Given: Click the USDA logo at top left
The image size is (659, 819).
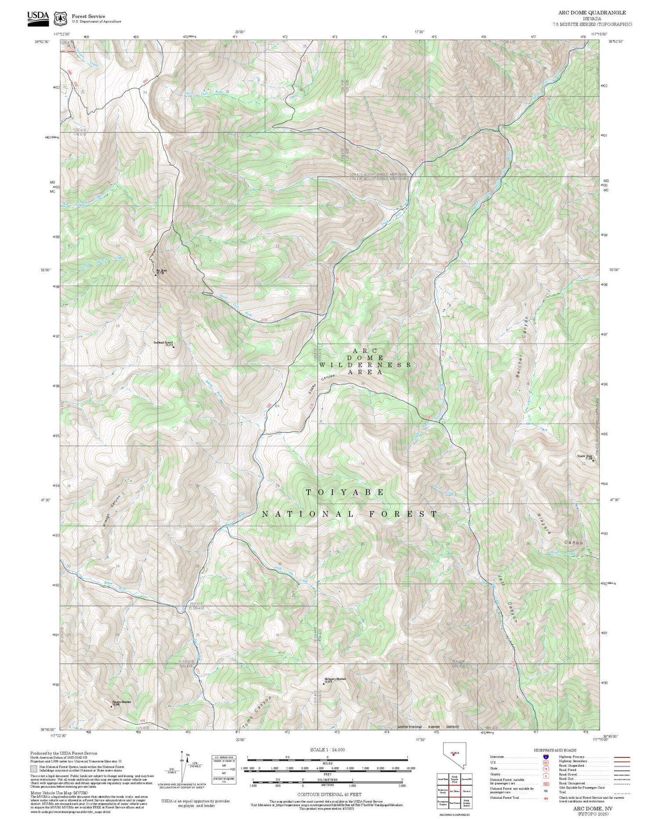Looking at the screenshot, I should click(38, 18).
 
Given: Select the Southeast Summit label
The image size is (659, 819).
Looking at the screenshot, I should click(163, 344).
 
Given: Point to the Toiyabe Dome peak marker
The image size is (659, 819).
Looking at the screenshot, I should click(593, 461).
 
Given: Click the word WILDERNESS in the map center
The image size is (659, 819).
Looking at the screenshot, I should click(365, 365).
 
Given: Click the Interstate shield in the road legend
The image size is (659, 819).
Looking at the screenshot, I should click(546, 757).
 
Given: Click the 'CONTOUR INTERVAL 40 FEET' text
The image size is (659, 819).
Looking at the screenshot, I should click(329, 795).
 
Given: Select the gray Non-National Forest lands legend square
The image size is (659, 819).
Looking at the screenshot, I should click(34, 769).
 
